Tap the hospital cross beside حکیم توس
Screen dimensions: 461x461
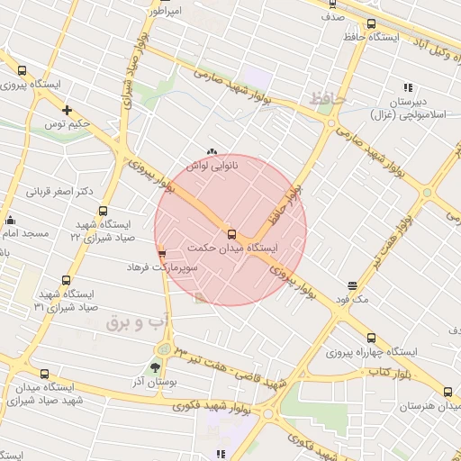click(x=67, y=110)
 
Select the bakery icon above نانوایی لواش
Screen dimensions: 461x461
click(x=212, y=153)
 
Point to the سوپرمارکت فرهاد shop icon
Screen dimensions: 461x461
click(x=161, y=254)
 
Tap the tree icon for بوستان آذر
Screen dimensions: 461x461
click(x=155, y=367)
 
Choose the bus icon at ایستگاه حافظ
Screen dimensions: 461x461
click(x=371, y=24)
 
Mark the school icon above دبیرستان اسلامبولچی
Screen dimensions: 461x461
click(x=408, y=88)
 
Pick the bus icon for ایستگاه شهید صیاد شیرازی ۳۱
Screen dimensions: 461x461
click(x=64, y=281)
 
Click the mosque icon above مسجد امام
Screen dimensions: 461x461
click(x=10, y=220)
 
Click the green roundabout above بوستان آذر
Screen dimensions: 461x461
click(x=163, y=348)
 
